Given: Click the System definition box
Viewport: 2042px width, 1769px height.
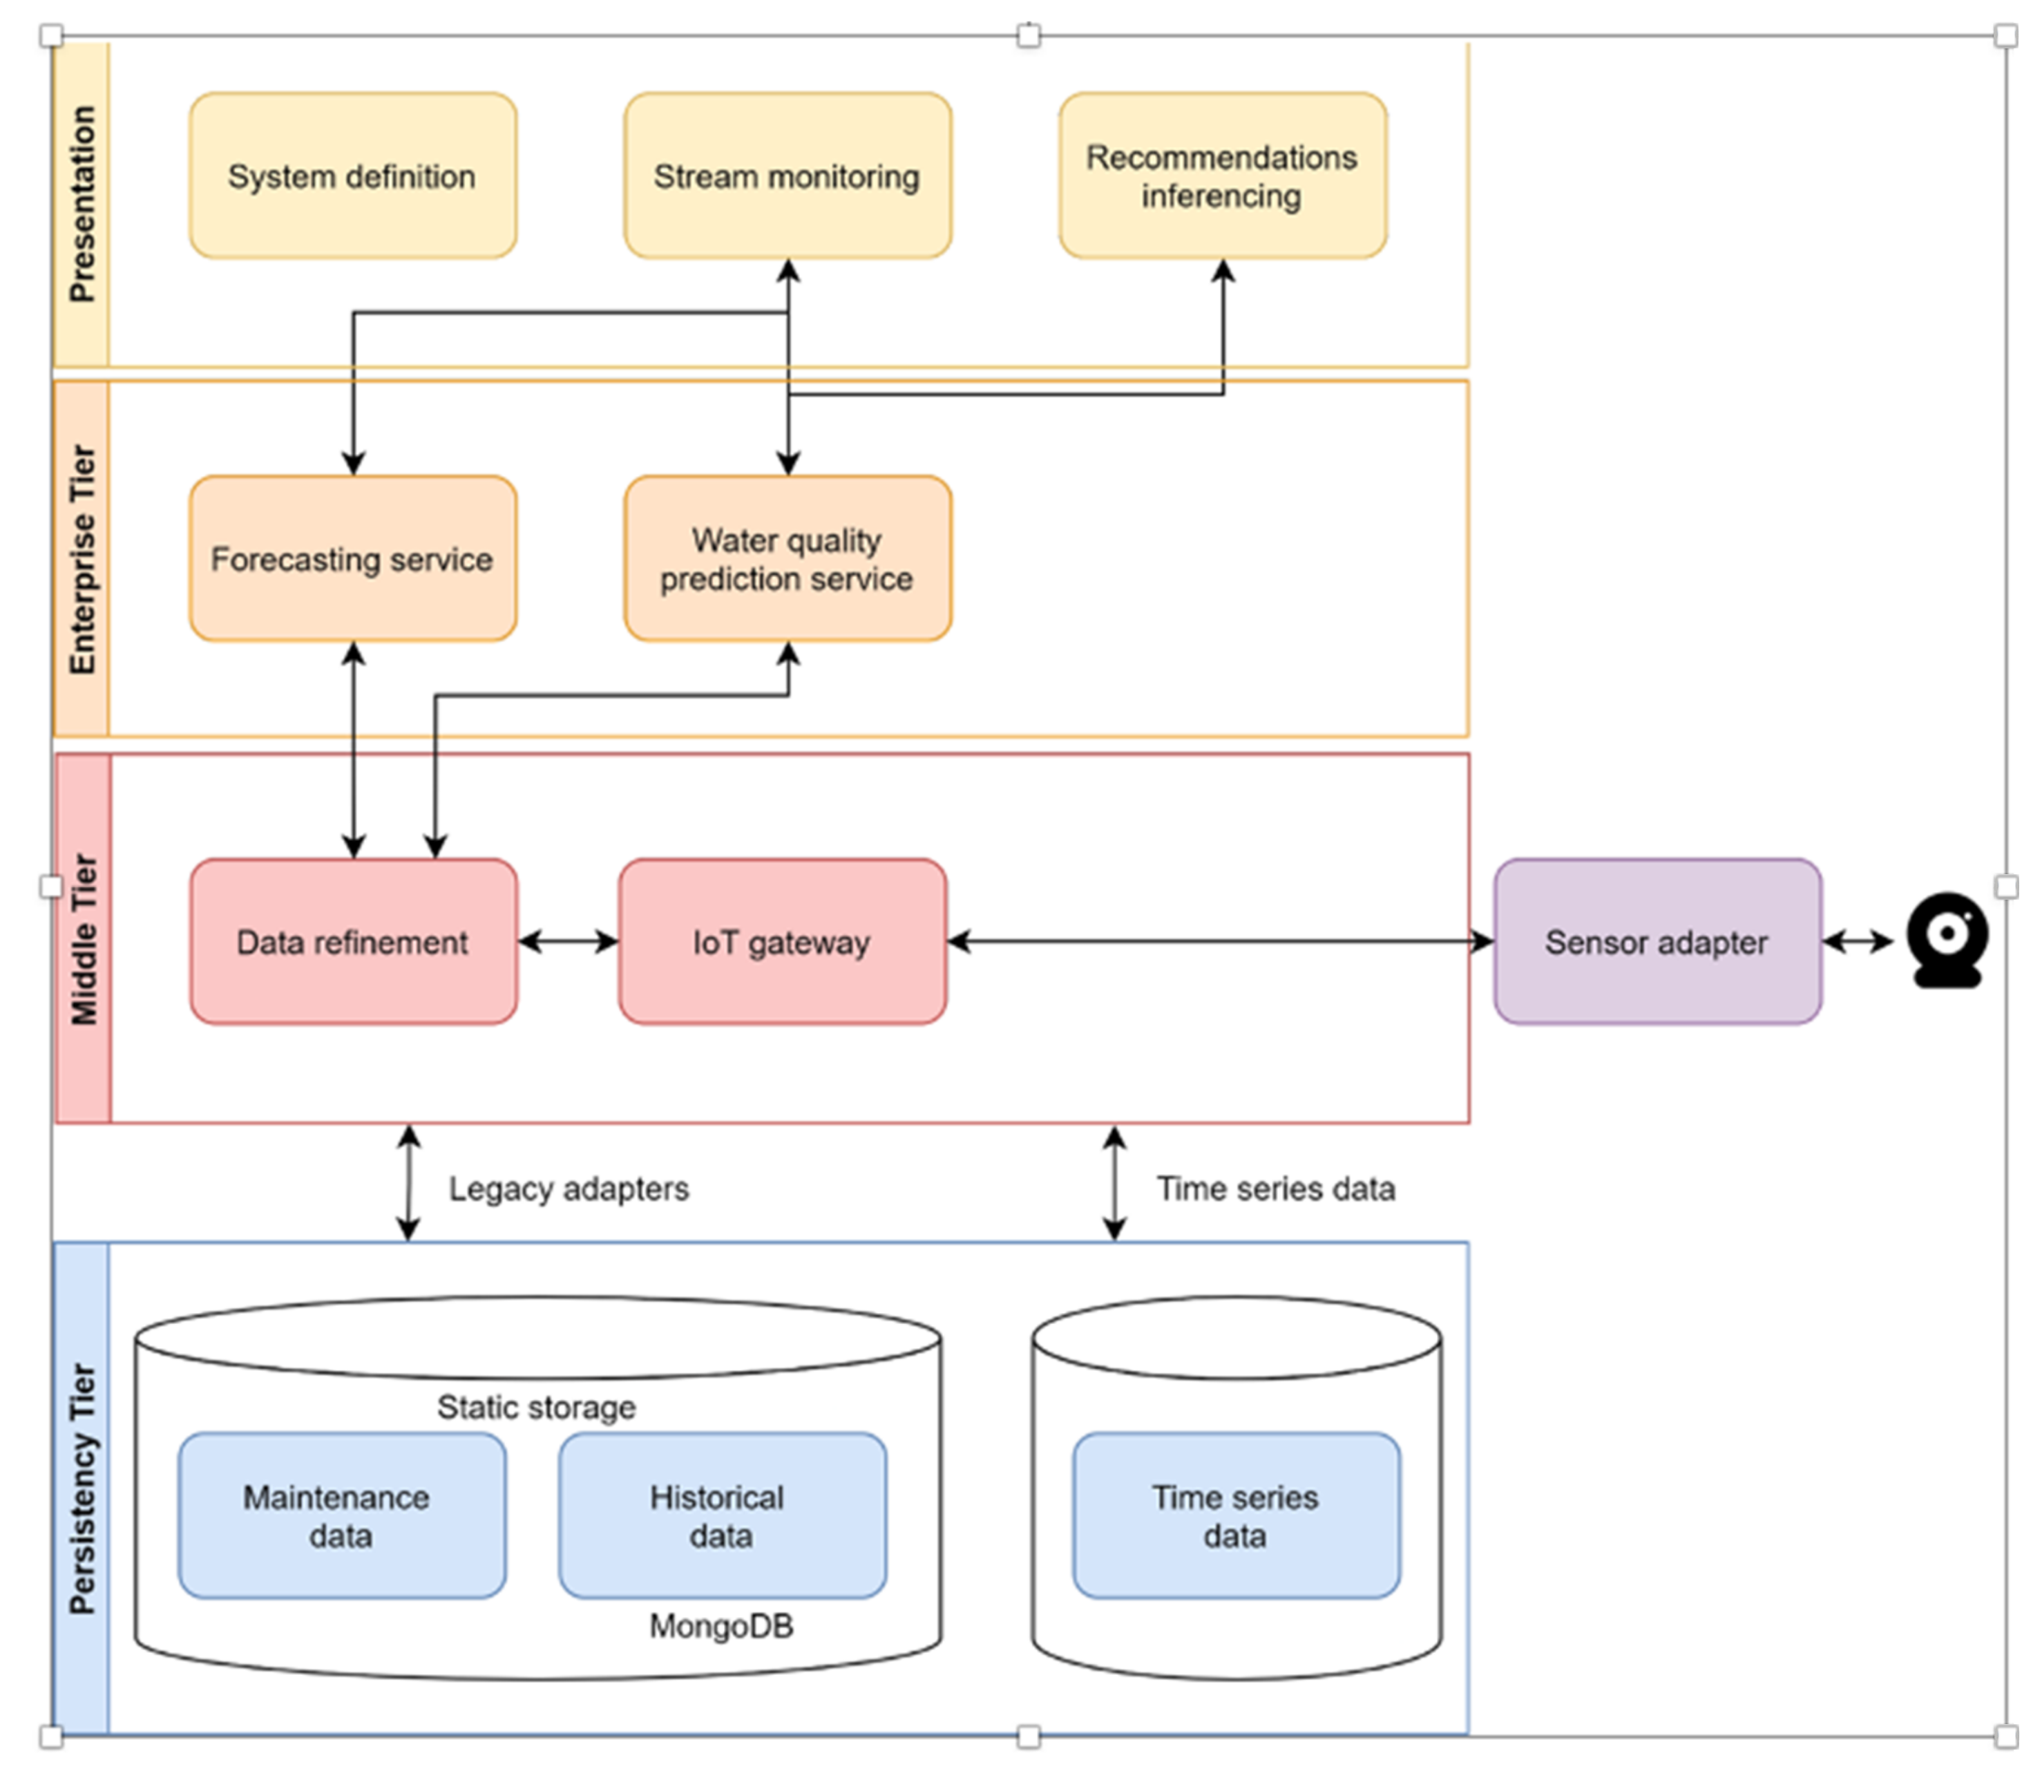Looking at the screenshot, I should click(x=352, y=176).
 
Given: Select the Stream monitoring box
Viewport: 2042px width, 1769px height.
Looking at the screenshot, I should click(x=787, y=176).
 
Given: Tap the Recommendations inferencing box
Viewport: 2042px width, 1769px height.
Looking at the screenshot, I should click(x=1222, y=176).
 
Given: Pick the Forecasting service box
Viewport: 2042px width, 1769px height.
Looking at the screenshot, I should click(x=352, y=559).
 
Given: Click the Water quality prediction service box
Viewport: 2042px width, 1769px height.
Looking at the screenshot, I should click(x=787, y=559).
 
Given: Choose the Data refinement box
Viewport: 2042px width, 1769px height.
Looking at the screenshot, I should click(x=352, y=942).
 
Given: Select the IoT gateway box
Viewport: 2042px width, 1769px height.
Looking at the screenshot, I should click(x=782, y=942).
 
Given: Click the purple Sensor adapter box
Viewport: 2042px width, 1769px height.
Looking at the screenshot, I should click(x=1656, y=942).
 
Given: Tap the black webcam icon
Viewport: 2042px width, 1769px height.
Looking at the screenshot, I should click(x=1946, y=940).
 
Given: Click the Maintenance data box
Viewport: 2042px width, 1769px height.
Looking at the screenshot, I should click(x=341, y=1515).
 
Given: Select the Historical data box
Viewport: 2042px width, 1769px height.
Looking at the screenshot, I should click(x=721, y=1515).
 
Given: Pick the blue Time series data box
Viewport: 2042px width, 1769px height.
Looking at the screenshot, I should click(x=1236, y=1515).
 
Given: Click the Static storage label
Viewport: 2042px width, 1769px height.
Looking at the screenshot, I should click(x=536, y=1407).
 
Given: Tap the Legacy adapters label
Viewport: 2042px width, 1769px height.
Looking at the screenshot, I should click(x=569, y=1189).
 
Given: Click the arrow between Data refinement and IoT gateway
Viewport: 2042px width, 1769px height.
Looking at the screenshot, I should click(x=568, y=942).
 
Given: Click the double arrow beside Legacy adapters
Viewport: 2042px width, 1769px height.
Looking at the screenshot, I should click(x=408, y=1182).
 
